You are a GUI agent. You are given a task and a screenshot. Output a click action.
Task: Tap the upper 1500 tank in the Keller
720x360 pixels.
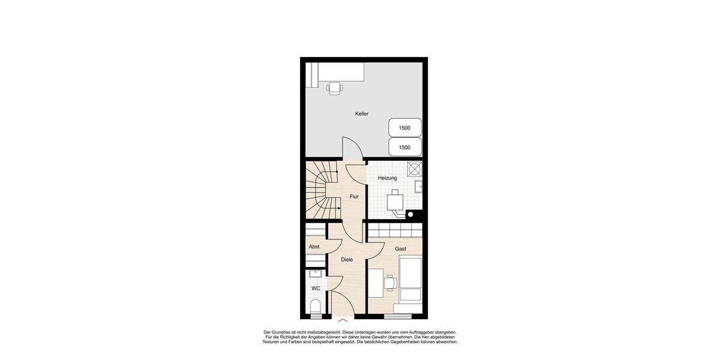point(405,128)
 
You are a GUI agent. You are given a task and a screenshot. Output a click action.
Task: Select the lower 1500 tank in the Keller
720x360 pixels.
point(405,147)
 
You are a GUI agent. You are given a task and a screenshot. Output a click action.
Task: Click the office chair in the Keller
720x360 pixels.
point(334,89)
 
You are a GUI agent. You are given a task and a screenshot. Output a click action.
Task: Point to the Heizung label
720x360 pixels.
point(387,178)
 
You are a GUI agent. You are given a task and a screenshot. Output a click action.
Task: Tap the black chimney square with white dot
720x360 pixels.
point(411,213)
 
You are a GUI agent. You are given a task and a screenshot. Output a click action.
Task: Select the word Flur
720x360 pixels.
point(354,196)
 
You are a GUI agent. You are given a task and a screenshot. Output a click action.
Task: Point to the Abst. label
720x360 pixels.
point(314,247)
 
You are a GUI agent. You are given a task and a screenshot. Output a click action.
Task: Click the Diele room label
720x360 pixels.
point(347,260)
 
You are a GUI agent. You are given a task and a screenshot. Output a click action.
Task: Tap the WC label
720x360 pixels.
point(316,289)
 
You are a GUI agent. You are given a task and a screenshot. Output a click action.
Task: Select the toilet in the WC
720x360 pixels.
point(316,308)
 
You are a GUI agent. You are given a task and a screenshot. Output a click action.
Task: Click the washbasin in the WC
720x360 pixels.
point(316,274)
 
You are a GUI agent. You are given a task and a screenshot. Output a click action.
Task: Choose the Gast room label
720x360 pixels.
point(400,248)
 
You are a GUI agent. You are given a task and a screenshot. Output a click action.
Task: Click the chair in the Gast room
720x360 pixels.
point(391,282)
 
